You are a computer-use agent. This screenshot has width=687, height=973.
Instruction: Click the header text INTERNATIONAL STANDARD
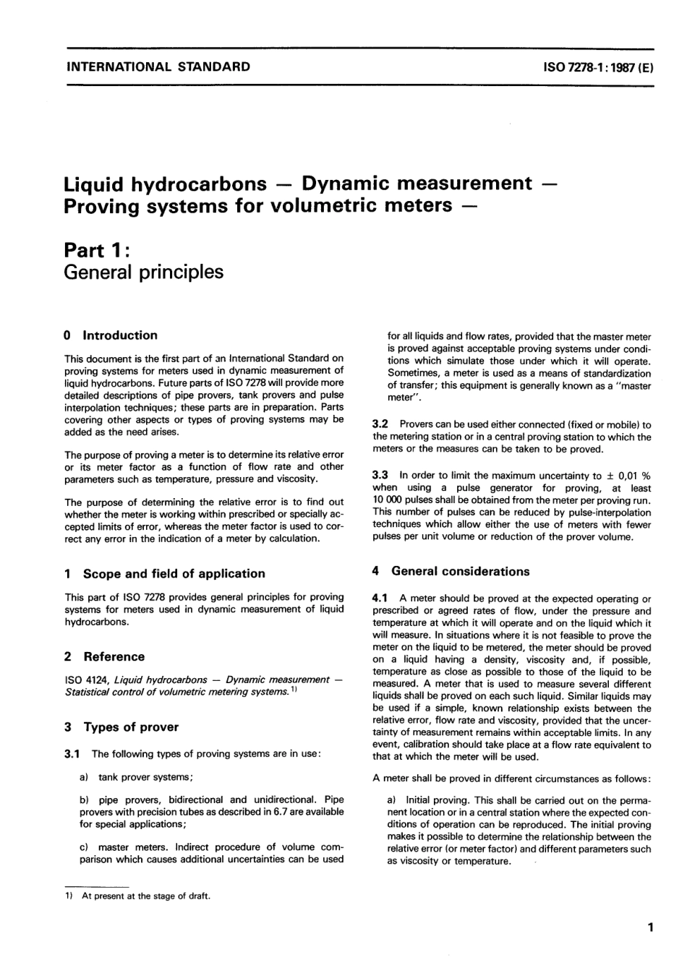[158, 67]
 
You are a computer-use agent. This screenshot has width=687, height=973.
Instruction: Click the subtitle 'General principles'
[143, 272]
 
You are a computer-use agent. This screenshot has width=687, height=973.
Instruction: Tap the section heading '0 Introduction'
[111, 335]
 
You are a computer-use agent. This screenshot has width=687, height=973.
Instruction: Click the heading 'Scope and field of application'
[174, 573]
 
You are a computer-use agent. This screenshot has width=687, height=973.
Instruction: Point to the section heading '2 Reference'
[104, 656]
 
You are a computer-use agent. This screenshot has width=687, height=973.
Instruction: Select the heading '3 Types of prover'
[121, 727]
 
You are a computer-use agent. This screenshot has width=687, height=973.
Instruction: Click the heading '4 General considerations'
[451, 571]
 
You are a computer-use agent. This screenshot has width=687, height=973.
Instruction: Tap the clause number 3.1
[74, 754]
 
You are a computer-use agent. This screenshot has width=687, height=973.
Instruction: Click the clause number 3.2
[380, 425]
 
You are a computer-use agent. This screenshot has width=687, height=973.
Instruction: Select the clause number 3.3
[380, 475]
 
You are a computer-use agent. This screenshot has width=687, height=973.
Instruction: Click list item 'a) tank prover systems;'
[136, 777]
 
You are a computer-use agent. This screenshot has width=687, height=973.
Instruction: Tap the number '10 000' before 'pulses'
[390, 500]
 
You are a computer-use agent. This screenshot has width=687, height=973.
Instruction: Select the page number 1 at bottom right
[650, 927]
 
